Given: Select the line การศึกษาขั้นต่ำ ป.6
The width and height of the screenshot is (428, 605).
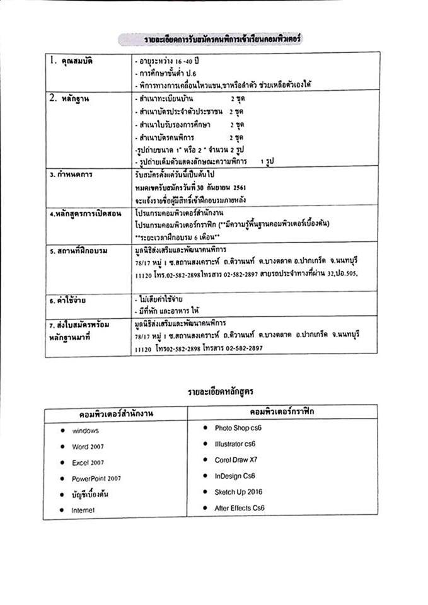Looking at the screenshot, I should pos(169,73).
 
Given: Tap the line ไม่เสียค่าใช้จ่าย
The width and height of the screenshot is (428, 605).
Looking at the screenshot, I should pos(165,299).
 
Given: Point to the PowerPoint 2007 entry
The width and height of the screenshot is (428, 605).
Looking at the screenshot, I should pos(96,479).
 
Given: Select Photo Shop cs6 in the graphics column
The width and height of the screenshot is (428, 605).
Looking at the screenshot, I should pos(238,427).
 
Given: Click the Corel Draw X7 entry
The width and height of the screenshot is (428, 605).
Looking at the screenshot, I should pos(235,459).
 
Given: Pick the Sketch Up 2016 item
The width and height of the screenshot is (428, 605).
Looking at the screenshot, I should pos(238,492).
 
